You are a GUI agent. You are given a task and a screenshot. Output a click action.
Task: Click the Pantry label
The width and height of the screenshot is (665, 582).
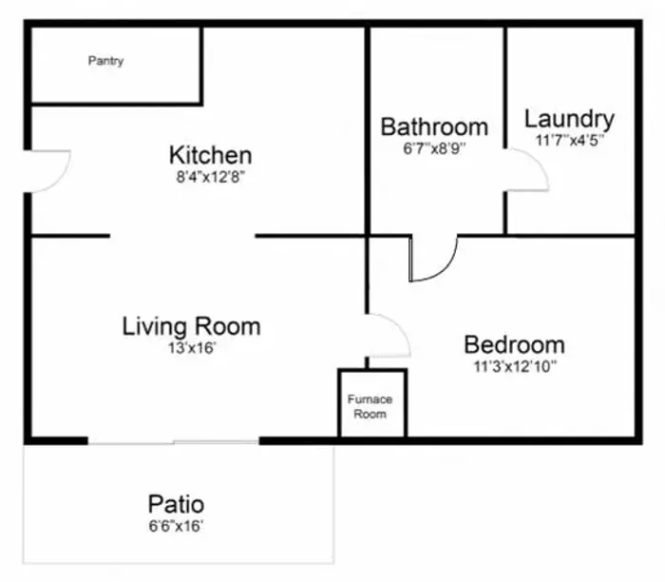point(106,61)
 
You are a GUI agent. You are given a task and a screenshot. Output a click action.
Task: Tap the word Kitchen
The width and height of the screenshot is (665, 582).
point(210,155)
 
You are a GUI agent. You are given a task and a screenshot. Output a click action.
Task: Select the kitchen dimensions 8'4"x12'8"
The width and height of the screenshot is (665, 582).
point(211,177)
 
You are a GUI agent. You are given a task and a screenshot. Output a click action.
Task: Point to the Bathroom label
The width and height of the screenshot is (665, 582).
point(434,126)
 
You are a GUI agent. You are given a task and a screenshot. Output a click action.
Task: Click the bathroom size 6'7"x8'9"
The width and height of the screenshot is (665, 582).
point(434,148)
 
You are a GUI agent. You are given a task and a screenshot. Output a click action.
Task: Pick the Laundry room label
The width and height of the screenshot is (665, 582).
point(570,120)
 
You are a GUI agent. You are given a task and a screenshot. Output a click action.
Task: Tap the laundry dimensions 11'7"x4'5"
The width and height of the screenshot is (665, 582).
point(570,140)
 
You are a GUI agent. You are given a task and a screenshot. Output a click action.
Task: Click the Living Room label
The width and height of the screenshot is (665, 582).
point(191,326)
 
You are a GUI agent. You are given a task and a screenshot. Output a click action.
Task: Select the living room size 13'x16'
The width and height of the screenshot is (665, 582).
point(192,348)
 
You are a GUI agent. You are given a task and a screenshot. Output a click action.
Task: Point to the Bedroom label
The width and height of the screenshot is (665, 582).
point(515,344)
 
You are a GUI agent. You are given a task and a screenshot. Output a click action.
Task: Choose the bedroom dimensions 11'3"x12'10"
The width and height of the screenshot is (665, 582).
point(515,366)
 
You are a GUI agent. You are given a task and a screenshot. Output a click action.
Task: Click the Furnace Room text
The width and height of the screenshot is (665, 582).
point(370,406)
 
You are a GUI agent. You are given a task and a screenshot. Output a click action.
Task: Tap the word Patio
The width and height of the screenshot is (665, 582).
point(176,505)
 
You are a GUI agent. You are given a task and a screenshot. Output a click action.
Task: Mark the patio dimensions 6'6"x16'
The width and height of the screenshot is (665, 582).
point(176,526)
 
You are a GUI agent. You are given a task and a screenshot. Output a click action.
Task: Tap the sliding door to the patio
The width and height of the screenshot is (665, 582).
point(174,442)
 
